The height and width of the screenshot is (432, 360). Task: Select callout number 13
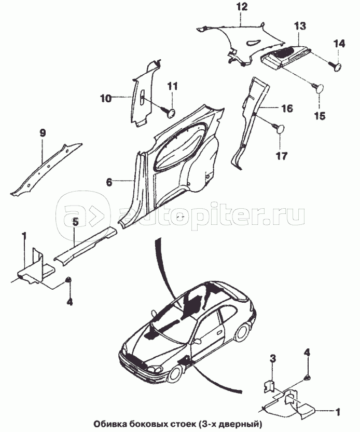pos(300,26)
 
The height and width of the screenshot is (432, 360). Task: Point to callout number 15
pos(320,115)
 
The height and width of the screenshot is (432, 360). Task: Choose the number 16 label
pos(286,108)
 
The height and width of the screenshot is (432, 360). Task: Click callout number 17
pos(281,156)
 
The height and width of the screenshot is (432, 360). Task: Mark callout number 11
pos(172,86)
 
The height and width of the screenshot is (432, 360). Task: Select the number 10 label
pos(106,98)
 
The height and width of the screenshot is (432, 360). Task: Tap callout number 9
pos(43,133)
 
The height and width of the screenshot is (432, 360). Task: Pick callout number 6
pos(109,182)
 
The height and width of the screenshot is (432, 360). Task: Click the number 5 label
pos(75,222)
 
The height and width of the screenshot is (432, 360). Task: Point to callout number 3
pos(272,359)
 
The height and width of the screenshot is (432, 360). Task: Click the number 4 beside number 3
pos(307,353)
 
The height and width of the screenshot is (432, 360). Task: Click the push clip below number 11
pos(169,113)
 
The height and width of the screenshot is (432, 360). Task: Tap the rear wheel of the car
pos(242,333)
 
